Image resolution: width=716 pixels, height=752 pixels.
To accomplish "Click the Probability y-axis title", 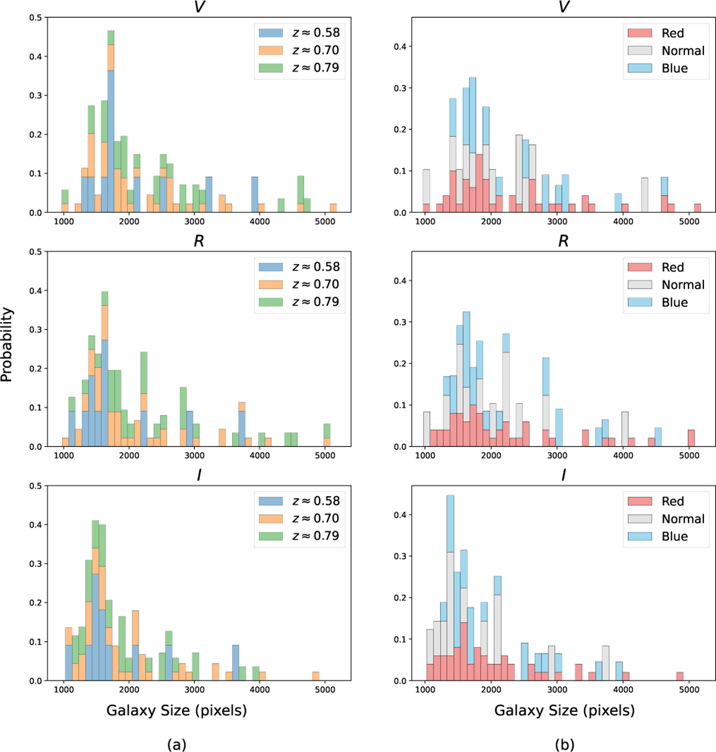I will click(x=7, y=344).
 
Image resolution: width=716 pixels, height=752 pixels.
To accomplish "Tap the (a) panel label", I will click(x=177, y=744).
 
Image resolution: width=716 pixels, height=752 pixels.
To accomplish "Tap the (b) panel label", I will click(x=564, y=744).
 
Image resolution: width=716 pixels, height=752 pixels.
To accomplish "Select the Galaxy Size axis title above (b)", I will click(x=564, y=710).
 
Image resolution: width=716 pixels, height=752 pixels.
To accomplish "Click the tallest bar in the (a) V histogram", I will click(x=111, y=119).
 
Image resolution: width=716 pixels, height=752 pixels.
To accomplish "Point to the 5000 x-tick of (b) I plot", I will click(x=689, y=690).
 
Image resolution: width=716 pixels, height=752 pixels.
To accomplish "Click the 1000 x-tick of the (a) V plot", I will click(x=64, y=222).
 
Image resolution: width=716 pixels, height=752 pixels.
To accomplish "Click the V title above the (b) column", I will click(x=563, y=8).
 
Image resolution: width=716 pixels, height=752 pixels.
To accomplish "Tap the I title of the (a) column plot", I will click(x=199, y=476).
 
